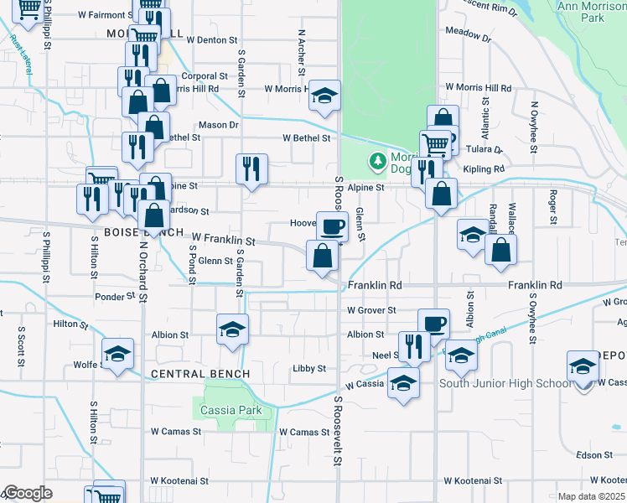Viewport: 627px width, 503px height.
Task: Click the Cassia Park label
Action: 231,411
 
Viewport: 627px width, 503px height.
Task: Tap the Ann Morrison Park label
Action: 593,12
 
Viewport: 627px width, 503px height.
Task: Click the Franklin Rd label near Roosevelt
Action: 375,286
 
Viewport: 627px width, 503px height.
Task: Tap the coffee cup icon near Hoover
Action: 332,226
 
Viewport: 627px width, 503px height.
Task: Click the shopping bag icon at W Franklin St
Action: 323,256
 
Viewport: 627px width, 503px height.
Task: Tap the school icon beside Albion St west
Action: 232,329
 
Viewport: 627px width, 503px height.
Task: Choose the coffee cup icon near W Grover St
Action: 434,324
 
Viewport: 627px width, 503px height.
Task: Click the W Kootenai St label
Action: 473,481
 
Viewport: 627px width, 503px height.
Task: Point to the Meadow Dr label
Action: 468,36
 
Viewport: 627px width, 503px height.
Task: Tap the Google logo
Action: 28,493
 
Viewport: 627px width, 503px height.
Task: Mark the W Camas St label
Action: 176,432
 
